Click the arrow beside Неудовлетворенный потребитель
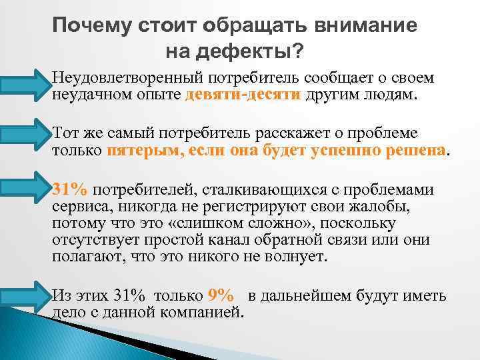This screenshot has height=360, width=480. tap(25, 86)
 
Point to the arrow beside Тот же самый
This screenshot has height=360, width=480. tap(25, 137)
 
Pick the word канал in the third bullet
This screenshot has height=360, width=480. tap(225, 240)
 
